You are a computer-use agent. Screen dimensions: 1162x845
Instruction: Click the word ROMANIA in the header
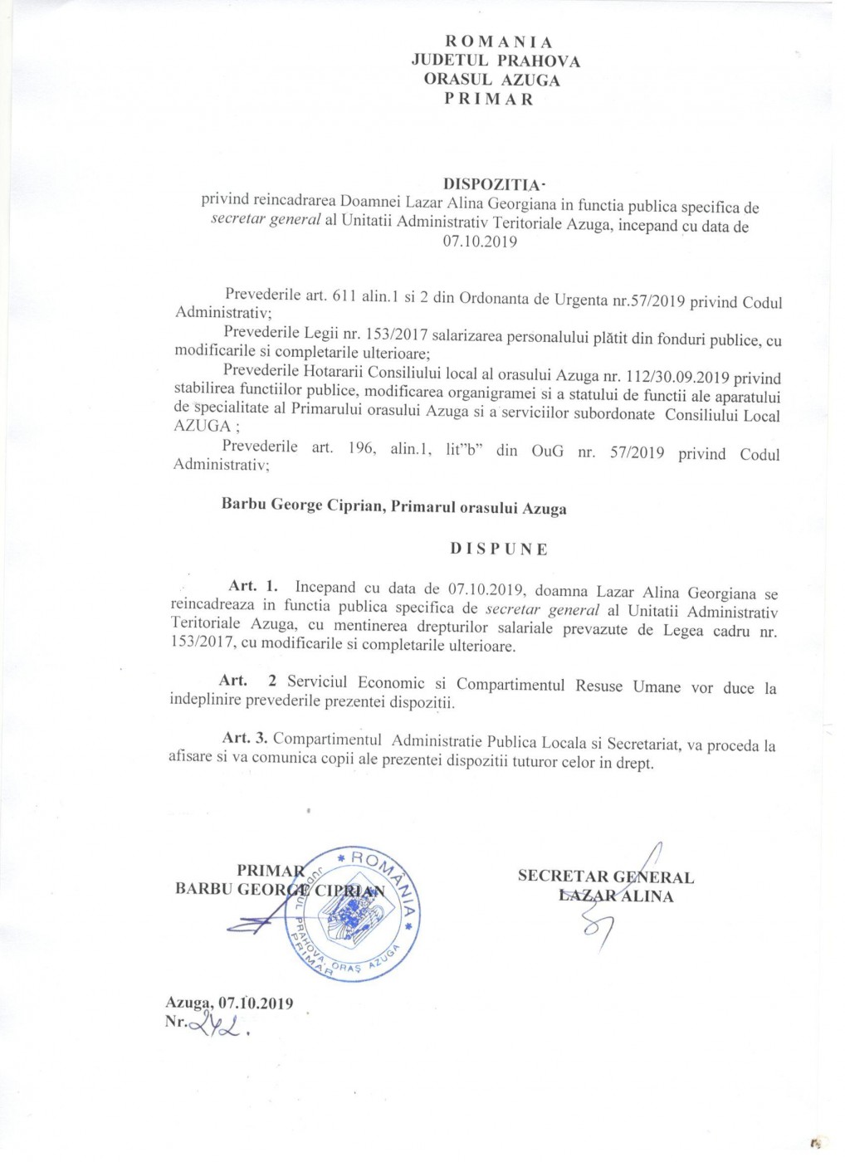(x=499, y=41)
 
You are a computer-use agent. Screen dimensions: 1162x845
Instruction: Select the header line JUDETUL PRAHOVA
(x=496, y=61)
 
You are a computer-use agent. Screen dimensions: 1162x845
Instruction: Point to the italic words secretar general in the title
(x=266, y=222)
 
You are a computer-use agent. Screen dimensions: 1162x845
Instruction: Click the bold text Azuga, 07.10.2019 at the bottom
(x=229, y=1003)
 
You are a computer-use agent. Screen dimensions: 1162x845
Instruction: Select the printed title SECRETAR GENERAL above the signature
(x=606, y=876)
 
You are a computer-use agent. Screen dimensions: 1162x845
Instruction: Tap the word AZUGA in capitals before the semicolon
(x=202, y=425)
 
